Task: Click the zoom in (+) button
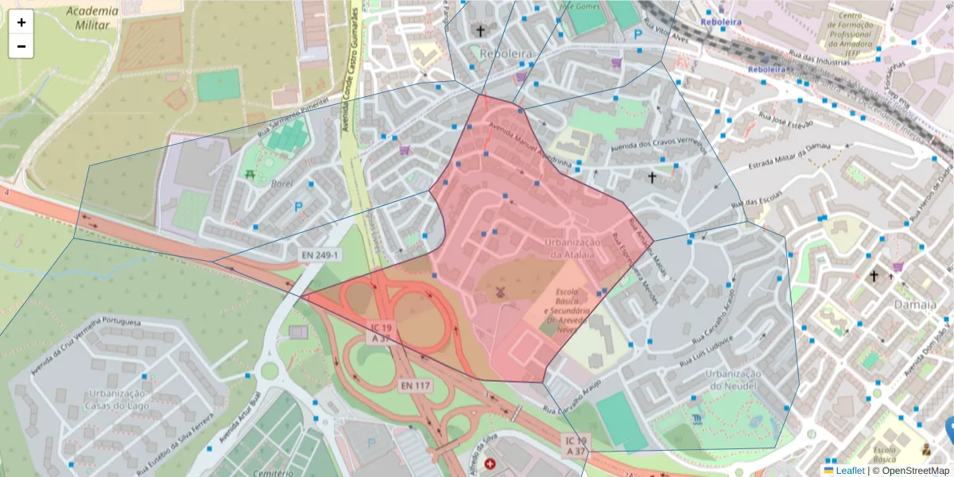pyautogui.click(x=21, y=22)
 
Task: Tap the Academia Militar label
pyautogui.click(x=92, y=17)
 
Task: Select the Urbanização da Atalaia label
pyautogui.click(x=570, y=248)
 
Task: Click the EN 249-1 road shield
pyautogui.click(x=320, y=255)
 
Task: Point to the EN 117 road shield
pyautogui.click(x=414, y=386)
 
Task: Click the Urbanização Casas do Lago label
pyautogui.click(x=116, y=400)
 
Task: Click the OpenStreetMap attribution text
pyautogui.click(x=911, y=471)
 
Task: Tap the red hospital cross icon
pyautogui.click(x=490, y=463)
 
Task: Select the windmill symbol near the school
pyautogui.click(x=501, y=292)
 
